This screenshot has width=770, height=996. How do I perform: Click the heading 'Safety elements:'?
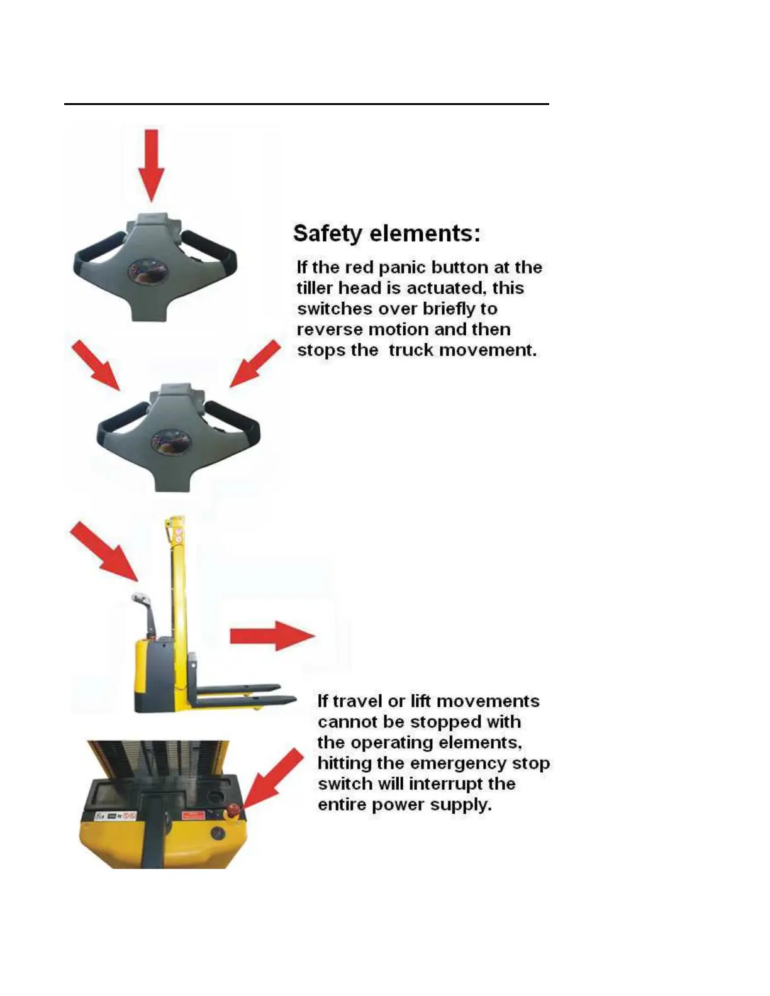387,233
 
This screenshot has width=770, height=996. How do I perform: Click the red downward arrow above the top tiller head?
152,165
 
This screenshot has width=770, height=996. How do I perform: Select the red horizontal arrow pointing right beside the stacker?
272,636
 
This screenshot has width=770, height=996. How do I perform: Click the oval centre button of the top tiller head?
147,271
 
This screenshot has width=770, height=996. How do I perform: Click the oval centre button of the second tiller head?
170,442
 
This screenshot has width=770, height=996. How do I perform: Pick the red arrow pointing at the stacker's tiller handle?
104,551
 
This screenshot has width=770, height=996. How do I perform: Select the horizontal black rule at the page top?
306,104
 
